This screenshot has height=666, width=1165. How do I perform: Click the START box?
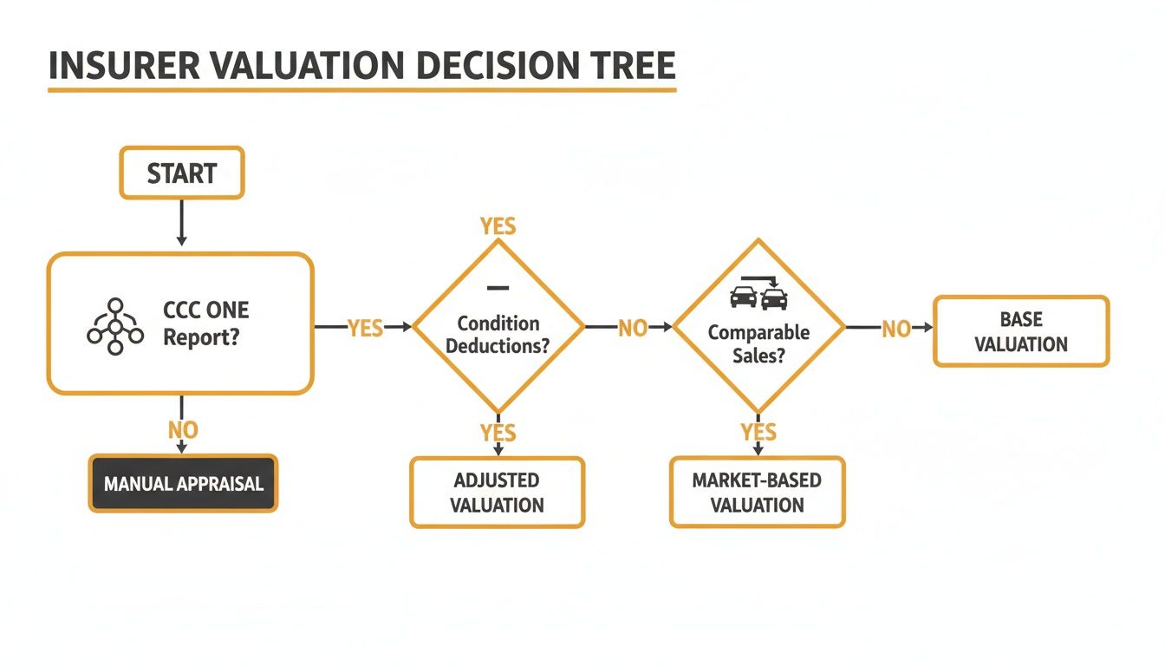(x=182, y=173)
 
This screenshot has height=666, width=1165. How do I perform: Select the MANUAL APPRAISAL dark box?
(x=183, y=483)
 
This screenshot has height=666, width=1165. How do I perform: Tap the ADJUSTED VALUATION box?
(x=497, y=493)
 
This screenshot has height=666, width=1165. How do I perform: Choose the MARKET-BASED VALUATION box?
(x=757, y=493)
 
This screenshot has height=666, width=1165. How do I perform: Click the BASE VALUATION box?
(x=1020, y=331)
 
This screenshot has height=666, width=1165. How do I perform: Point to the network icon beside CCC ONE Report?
(x=114, y=325)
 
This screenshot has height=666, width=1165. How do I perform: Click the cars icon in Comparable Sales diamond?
(x=758, y=296)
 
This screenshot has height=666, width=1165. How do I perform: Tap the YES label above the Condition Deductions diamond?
(x=498, y=227)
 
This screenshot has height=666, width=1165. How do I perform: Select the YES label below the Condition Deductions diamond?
(x=498, y=432)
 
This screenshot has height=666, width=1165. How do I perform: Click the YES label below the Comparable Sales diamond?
(x=758, y=432)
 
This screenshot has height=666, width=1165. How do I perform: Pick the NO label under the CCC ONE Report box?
(x=182, y=429)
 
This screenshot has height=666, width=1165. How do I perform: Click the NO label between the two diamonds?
(x=632, y=328)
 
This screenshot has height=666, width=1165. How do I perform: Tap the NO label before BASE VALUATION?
(x=895, y=328)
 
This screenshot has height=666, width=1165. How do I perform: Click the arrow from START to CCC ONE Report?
(x=181, y=224)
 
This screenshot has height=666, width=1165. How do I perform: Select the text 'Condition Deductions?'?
(x=498, y=334)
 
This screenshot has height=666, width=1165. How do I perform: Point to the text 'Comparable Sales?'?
(x=758, y=343)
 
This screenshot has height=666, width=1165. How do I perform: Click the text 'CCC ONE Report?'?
(x=205, y=323)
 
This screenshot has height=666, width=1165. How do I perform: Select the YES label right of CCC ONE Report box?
(x=365, y=328)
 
